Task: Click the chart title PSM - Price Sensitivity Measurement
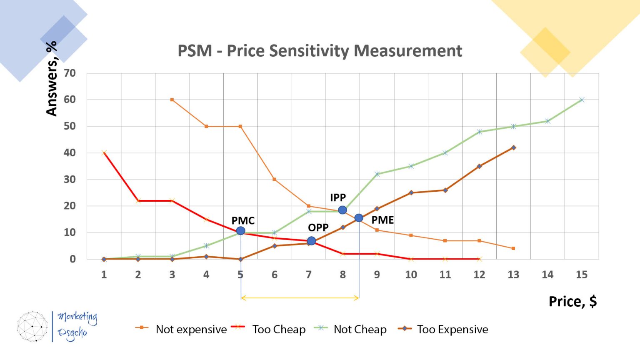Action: (x=320, y=51)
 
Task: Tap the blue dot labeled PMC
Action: (x=240, y=231)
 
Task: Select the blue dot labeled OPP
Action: (x=311, y=241)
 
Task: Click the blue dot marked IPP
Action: (x=342, y=210)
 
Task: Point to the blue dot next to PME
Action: (x=359, y=218)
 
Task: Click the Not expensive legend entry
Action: (x=181, y=329)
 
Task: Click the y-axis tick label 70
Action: (x=70, y=73)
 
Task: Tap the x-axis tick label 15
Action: (x=582, y=275)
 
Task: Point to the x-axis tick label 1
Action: (x=104, y=275)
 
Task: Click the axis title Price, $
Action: (x=572, y=301)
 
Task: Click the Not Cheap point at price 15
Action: (x=582, y=100)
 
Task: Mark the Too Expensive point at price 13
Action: (x=513, y=147)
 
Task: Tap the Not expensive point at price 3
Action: (x=172, y=100)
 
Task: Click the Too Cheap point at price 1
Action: (x=104, y=153)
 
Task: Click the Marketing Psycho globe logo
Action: (x=32, y=327)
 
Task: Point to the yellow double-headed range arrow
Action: (x=300, y=298)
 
